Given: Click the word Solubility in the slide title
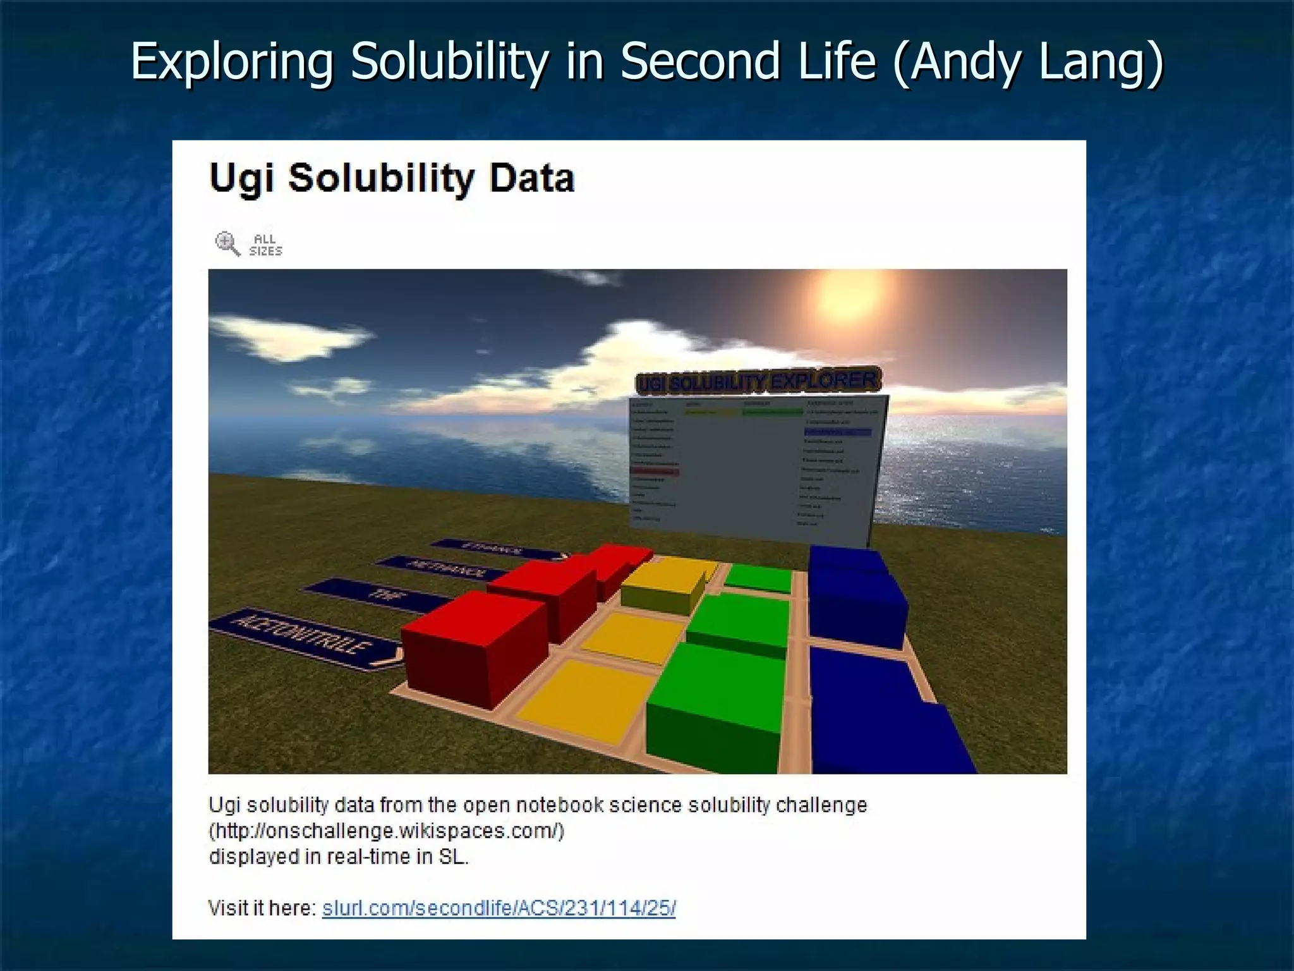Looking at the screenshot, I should click(449, 61).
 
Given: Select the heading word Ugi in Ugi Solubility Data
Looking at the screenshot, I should click(242, 178).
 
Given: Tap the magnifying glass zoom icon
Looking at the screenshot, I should click(227, 244).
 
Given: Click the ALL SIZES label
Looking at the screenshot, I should click(265, 245).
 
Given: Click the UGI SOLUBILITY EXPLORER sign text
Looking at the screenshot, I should click(758, 382).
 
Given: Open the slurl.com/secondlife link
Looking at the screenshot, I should click(499, 908).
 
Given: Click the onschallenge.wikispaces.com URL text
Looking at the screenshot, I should click(386, 831).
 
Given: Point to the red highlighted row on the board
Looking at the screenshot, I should click(654, 472).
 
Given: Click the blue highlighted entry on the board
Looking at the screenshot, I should click(837, 432).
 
